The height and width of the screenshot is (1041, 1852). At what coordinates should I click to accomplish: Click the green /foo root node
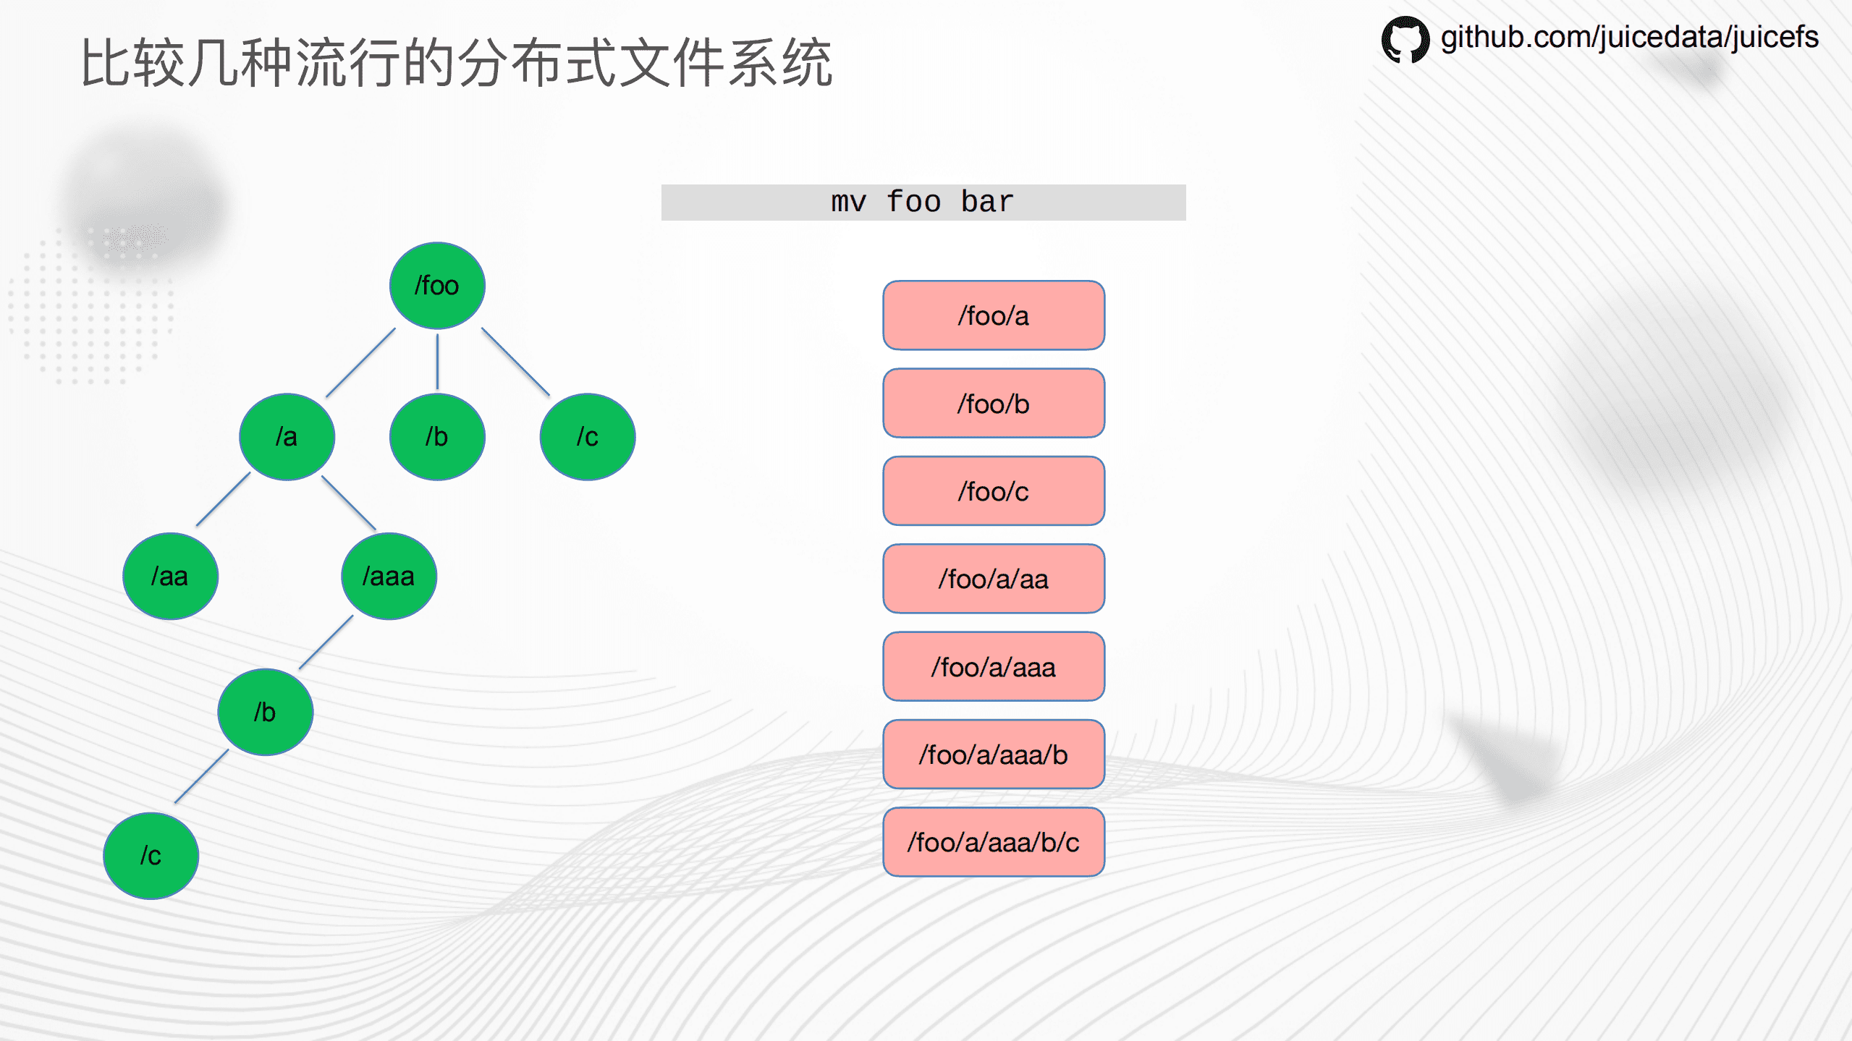pos(437,286)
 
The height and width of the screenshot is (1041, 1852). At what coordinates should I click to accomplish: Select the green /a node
pos(287,437)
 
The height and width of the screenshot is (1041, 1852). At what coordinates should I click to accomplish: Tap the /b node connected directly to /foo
pos(437,437)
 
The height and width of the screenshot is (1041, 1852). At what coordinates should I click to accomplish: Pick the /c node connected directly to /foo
pos(587,437)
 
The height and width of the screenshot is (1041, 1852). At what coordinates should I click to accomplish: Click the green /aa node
pos(170,577)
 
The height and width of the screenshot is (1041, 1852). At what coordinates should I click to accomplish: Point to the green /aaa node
pos(389,577)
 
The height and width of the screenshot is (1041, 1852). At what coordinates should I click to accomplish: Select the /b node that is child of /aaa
pos(266,713)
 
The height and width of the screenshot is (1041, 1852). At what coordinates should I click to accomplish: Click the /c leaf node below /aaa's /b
pos(151,856)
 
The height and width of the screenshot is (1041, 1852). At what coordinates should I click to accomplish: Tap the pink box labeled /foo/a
pos(993,315)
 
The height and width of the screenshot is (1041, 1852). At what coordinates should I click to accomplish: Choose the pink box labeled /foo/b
pos(993,404)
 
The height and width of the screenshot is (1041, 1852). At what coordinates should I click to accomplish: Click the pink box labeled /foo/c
pos(993,491)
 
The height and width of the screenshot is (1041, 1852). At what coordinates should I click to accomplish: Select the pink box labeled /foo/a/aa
pos(993,579)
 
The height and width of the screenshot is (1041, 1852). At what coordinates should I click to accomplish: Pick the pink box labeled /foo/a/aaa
pos(993,667)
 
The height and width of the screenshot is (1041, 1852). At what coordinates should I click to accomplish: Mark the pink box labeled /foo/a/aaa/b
pos(993,755)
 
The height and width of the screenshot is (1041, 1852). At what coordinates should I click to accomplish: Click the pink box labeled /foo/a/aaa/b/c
pos(993,842)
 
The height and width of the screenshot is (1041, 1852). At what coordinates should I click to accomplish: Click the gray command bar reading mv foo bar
pos(923,203)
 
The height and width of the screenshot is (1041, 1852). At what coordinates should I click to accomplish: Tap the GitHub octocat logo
pos(1405,39)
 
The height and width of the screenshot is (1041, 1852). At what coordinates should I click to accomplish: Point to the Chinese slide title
pos(457,64)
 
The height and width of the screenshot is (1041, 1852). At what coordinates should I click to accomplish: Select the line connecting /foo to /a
pos(360,362)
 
